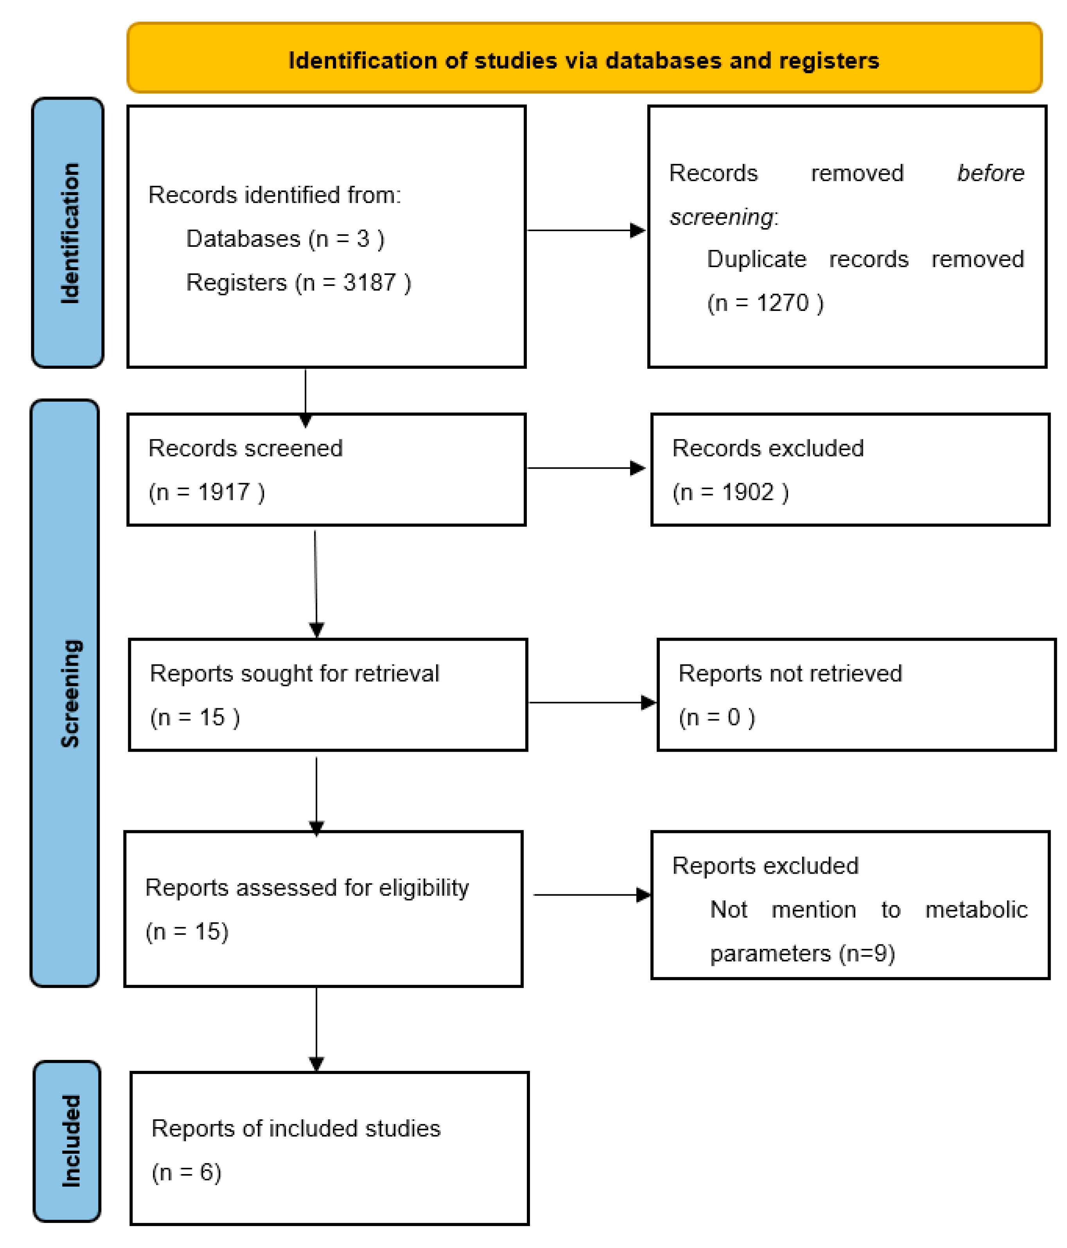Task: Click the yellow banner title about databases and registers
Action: click(583, 60)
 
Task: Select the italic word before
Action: click(990, 173)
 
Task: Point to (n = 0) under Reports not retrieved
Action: click(717, 717)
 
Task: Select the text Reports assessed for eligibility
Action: click(307, 887)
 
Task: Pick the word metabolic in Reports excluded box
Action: click(975, 909)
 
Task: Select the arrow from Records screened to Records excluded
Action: click(586, 468)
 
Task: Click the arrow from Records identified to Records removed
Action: click(586, 230)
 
